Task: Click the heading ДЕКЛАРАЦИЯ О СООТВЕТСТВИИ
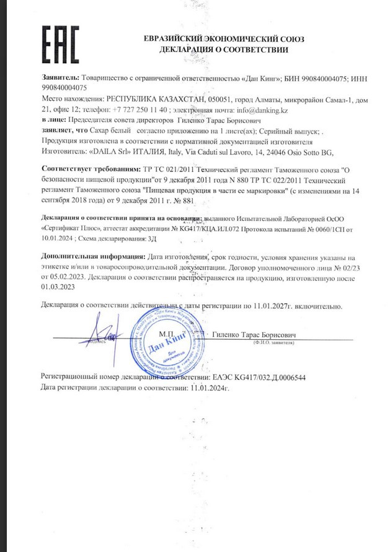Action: tap(224, 50)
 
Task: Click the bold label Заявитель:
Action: tap(60, 79)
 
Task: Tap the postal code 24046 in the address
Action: tap(273, 152)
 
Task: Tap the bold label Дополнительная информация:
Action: tap(86, 257)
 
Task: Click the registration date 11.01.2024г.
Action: tap(209, 388)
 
